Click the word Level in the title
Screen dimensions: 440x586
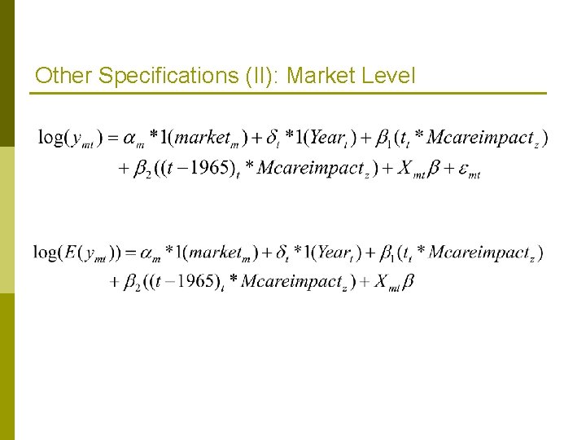386,77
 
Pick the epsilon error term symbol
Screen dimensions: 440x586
463,169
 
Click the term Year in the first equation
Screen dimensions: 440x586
327,138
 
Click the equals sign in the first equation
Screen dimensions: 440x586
113,138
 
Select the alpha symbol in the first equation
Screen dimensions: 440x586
131,139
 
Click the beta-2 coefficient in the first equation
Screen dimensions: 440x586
142,170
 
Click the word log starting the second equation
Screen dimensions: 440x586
47,253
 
